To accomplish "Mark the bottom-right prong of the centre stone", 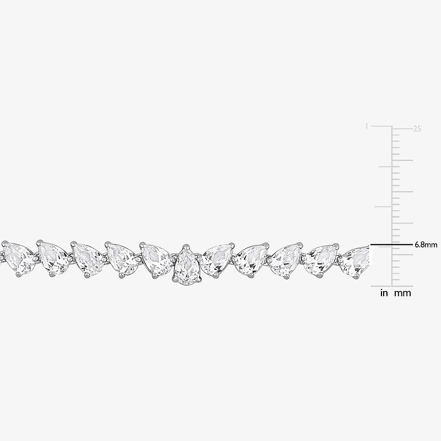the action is tap(199, 279).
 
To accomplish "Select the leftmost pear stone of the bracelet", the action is tap(18, 257).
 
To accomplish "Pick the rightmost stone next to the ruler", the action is tap(354, 260).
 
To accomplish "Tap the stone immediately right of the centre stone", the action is tap(217, 259).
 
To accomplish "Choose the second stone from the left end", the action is tap(53, 258).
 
